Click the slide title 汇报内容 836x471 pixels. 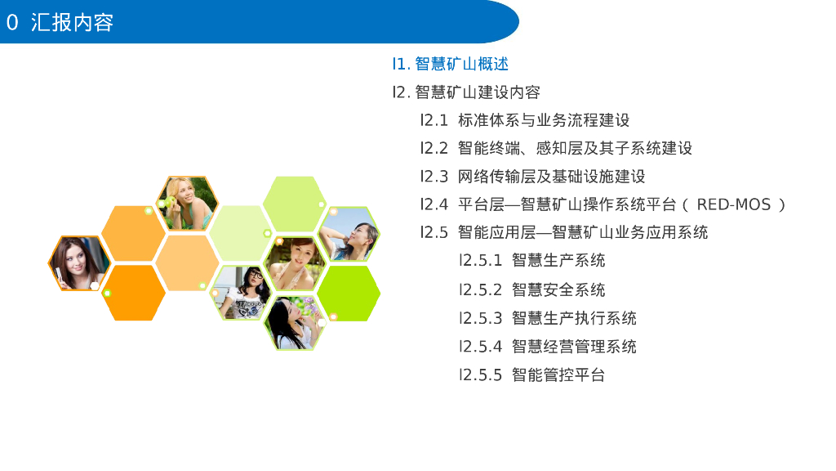point(72,22)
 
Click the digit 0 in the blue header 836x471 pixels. point(12,22)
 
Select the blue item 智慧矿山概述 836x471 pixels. point(462,64)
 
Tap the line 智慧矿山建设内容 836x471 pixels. point(478,92)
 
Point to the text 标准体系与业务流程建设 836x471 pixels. point(544,120)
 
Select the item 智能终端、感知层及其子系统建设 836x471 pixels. point(575,148)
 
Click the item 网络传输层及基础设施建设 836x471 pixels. point(551,177)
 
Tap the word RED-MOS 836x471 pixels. point(734,204)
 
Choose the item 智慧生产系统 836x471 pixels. point(558,261)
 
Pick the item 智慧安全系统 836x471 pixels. point(558,290)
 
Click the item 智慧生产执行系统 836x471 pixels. point(574,318)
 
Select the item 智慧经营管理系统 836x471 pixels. point(574,347)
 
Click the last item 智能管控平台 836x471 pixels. point(558,375)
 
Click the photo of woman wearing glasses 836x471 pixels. point(241,293)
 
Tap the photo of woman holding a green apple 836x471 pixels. point(187,204)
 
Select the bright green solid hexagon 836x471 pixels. point(348,294)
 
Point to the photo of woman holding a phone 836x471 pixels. point(79,263)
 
